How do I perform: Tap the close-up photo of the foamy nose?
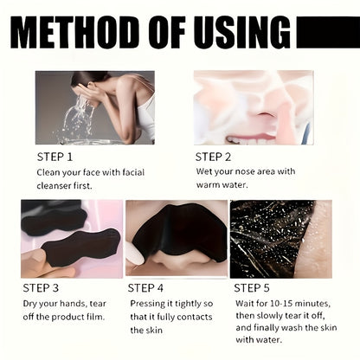[253, 107]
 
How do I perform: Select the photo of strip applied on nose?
[176, 238]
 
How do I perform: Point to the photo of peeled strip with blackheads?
[280, 238]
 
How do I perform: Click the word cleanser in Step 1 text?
[58, 185]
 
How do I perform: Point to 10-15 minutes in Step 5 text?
[296, 304]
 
